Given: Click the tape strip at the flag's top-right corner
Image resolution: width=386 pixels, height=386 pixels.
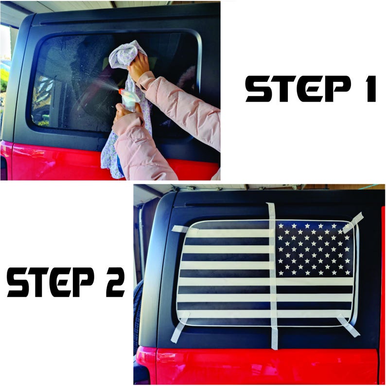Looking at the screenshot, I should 353,222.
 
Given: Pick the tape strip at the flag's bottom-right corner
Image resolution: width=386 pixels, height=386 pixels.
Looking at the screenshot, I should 349,325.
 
